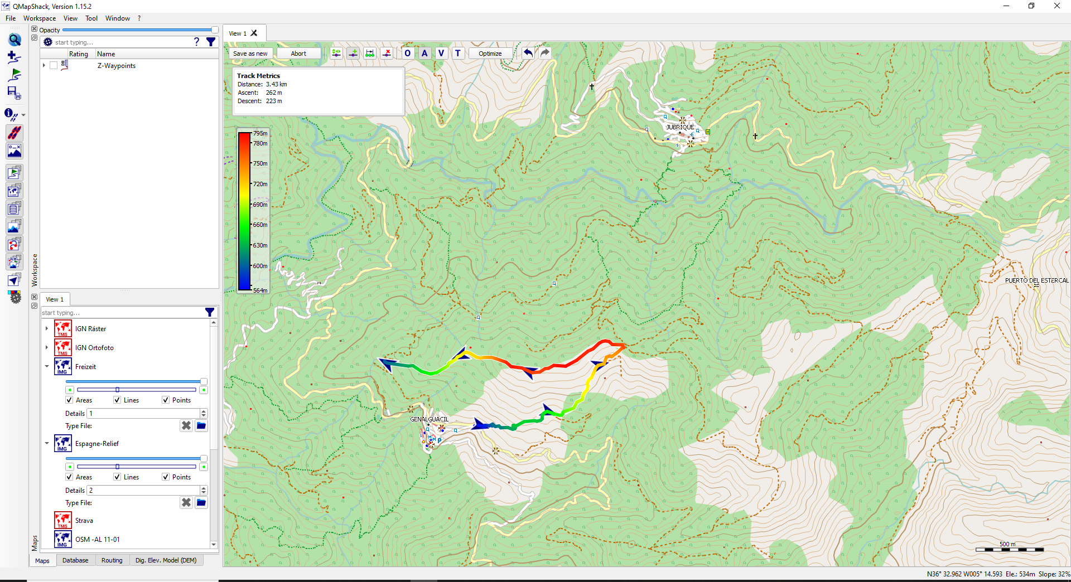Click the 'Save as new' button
click(x=250, y=54)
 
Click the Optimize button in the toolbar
click(x=490, y=54)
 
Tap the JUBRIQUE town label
click(x=680, y=127)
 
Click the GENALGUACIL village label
click(x=429, y=419)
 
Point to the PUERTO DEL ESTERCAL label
click(x=1036, y=280)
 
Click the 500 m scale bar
click(x=1009, y=549)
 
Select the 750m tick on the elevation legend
click(x=260, y=163)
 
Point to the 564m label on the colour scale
click(x=260, y=290)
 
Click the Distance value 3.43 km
click(x=276, y=84)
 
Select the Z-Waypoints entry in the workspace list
click(x=116, y=66)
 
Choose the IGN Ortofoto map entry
click(x=94, y=348)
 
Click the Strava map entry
click(x=84, y=521)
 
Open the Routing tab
click(x=112, y=560)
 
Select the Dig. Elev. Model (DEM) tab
click(x=166, y=560)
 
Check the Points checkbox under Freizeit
click(x=166, y=400)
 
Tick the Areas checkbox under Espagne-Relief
click(x=69, y=477)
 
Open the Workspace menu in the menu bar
click(x=39, y=18)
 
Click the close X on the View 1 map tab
click(x=254, y=33)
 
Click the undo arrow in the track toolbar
click(x=528, y=53)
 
